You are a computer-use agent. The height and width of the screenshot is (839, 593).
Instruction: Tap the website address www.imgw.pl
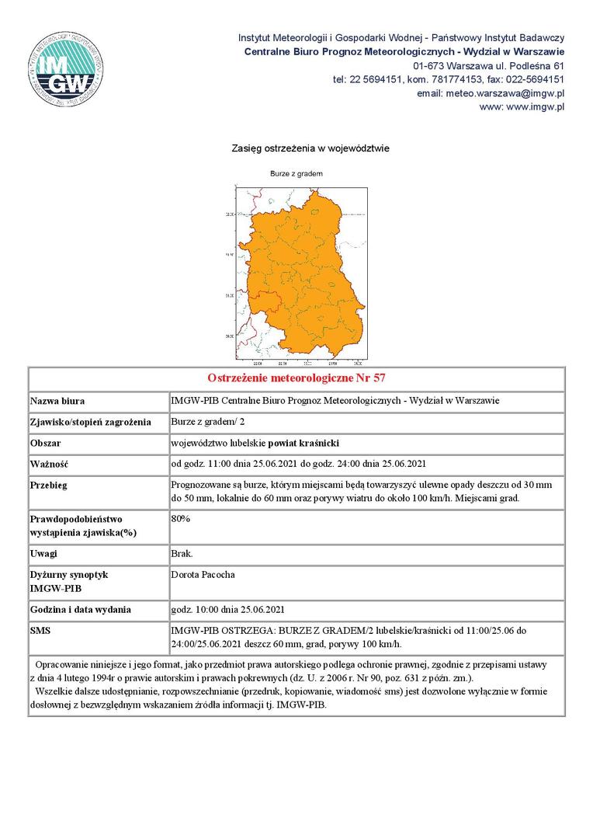click(x=522, y=107)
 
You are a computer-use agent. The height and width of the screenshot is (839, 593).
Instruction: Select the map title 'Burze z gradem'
click(x=296, y=174)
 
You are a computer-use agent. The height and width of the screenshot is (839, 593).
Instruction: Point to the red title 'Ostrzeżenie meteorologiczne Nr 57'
click(x=296, y=378)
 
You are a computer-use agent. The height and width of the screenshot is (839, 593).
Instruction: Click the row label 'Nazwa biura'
click(x=57, y=402)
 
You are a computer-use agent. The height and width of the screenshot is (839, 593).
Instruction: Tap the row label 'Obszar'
click(x=45, y=444)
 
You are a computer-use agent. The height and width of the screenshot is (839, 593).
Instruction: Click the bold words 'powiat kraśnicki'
click(x=304, y=444)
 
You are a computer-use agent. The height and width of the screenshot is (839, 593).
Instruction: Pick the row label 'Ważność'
click(x=50, y=465)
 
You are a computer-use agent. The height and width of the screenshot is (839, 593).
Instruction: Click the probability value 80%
click(x=180, y=518)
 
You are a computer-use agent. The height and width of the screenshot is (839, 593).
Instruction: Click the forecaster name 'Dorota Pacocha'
click(x=203, y=575)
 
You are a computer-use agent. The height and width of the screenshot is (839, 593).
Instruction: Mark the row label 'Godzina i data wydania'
click(x=81, y=610)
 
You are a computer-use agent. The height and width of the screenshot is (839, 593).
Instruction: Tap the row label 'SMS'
click(x=40, y=630)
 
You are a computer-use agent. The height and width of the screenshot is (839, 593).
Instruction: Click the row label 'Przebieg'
click(x=48, y=486)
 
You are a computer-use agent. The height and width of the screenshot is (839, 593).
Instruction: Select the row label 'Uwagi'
click(x=43, y=554)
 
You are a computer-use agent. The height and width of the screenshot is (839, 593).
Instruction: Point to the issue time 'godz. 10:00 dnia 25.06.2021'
click(x=233, y=610)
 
